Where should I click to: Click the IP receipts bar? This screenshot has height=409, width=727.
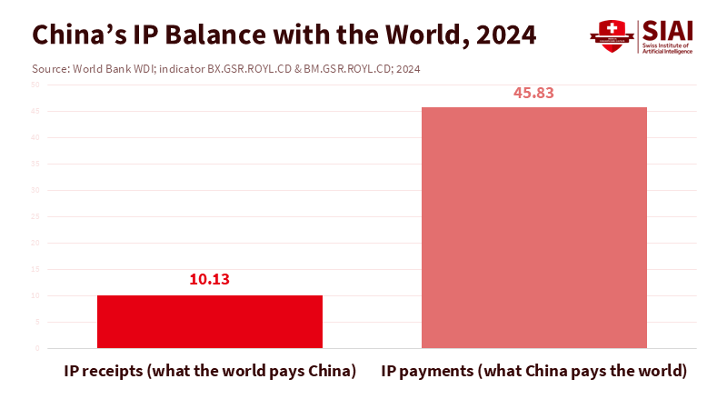coord(210,321)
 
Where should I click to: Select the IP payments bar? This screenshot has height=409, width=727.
coord(534,227)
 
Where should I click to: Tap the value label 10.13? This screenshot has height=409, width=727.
coord(210,279)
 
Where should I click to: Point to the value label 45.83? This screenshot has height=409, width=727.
coord(533,92)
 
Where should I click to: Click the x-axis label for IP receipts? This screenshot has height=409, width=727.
coord(210,372)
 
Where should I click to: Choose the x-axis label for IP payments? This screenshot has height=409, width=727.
coord(533,372)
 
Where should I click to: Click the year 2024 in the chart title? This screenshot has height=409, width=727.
coord(502,35)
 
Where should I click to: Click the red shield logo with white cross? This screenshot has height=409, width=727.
coord(611,35)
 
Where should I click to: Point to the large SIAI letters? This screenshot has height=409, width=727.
coord(669,30)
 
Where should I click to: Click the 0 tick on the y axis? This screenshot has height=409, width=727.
coord(37,348)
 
